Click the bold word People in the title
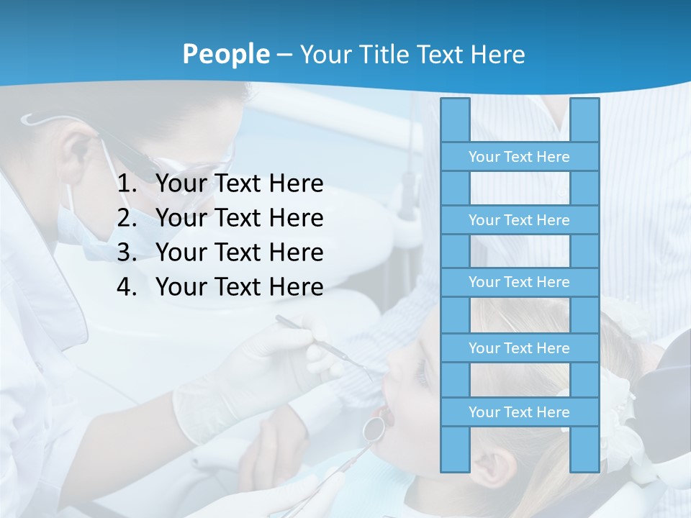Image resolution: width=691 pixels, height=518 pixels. (225, 54)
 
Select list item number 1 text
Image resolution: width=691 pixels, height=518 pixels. (239, 184)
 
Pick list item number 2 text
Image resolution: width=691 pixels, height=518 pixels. (239, 218)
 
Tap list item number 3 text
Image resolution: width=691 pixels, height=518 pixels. (239, 253)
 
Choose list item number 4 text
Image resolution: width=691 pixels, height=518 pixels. (239, 287)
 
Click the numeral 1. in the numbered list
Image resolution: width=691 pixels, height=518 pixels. (127, 184)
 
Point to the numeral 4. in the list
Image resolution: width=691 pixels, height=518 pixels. (127, 287)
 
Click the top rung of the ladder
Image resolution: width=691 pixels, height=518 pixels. (519, 157)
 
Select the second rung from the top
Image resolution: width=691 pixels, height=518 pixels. (519, 220)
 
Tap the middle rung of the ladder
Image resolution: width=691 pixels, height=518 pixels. (519, 282)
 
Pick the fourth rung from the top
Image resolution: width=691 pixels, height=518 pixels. (519, 348)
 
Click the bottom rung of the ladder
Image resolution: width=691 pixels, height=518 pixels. (519, 412)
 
